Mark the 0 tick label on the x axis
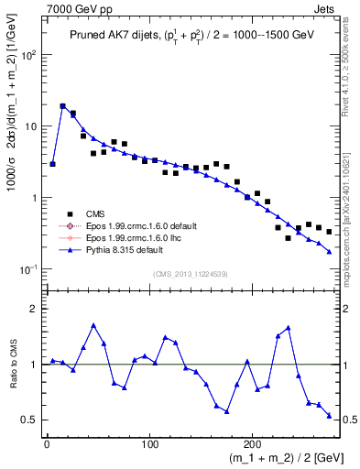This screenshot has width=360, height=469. (47, 444)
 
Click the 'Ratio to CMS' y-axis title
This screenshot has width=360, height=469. (12, 363)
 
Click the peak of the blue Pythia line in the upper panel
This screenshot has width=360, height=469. (63, 106)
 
